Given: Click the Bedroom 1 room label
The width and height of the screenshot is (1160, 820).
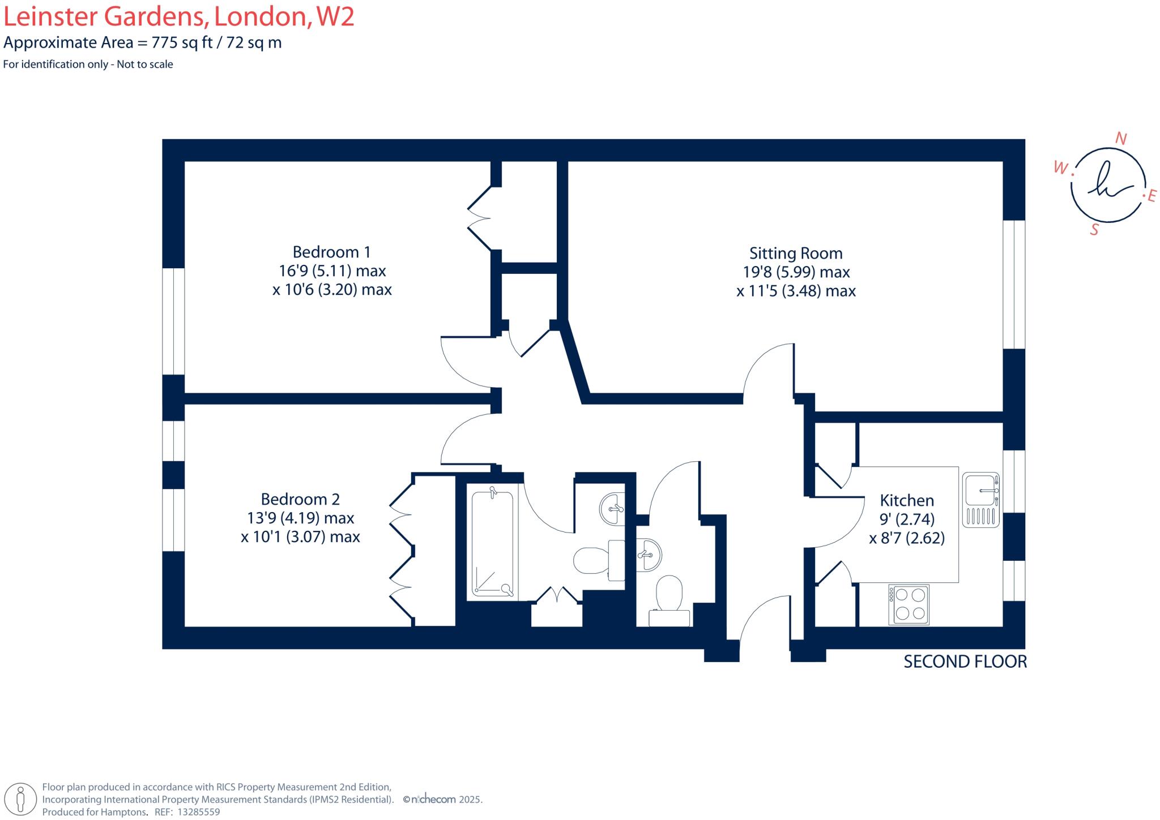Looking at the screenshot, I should coord(332,252).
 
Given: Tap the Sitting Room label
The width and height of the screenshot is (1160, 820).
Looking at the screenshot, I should coord(795,253).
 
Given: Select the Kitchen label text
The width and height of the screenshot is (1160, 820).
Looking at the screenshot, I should coord(906,500).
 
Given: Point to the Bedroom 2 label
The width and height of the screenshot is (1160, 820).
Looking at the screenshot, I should coord(300,499).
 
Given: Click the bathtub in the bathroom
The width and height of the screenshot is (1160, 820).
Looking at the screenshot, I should coord(492,543).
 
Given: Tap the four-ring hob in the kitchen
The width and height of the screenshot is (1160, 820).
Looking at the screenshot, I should coord(909,604).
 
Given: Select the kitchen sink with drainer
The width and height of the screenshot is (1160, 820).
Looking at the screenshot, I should coord(980,500).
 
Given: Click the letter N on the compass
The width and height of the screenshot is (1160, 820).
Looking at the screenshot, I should coord(1120,139).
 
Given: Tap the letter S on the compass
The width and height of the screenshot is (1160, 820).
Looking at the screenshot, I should coord(1094,230).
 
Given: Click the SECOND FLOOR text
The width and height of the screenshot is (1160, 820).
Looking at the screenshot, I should coord(965,662).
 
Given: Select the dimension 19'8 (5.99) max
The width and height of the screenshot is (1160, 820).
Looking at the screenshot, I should coord(796,272).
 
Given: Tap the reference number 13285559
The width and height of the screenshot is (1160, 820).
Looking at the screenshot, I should coord(198,812).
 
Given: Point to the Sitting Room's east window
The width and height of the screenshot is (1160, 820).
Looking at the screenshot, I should coord(1014,284).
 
